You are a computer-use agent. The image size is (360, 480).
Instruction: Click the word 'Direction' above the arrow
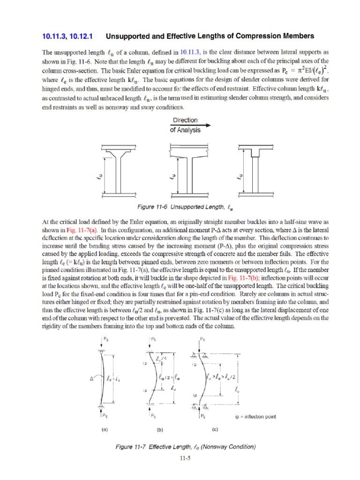pyautogui.click(x=185, y=120)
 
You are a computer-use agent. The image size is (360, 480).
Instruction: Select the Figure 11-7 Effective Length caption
pyautogui.click(x=186, y=447)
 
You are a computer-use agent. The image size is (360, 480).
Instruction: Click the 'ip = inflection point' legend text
pyautogui.click(x=255, y=416)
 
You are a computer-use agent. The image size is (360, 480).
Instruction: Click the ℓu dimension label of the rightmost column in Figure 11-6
pyautogui.click(x=240, y=176)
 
